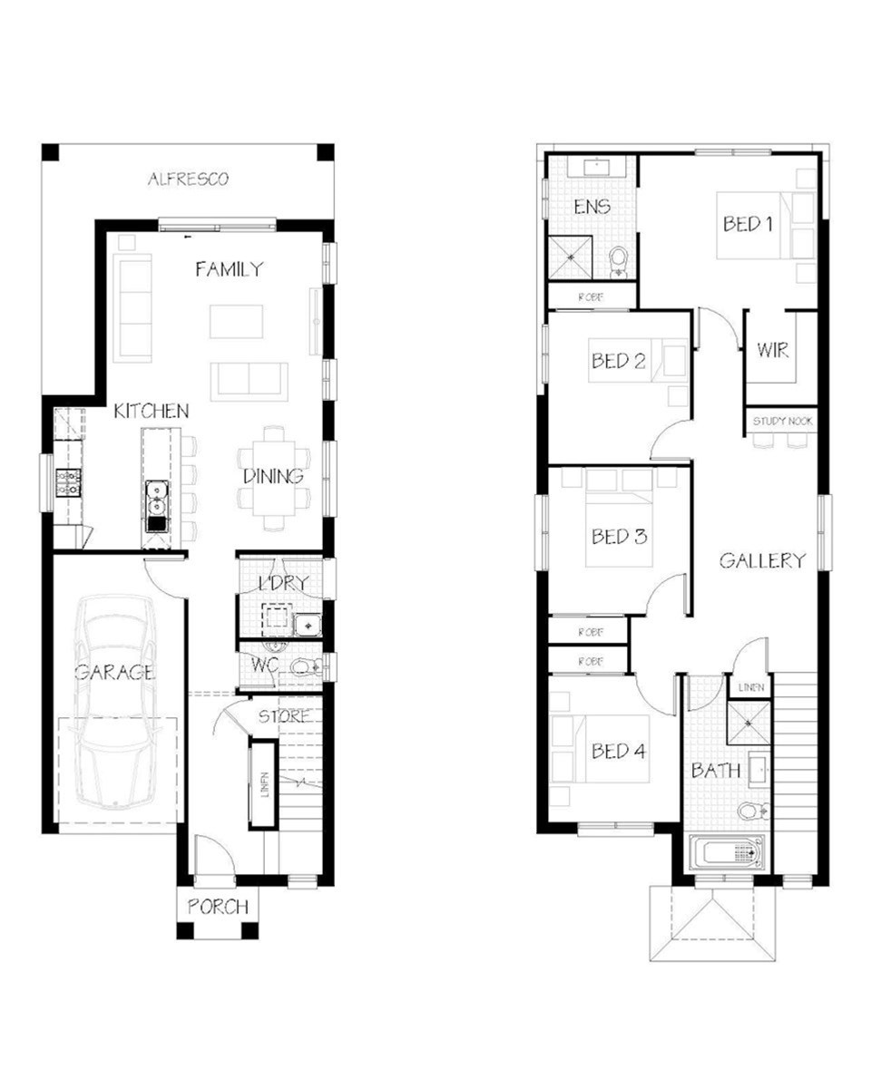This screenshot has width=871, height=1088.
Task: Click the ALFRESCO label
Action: point(188,179)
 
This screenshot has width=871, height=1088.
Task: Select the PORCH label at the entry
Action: point(218,907)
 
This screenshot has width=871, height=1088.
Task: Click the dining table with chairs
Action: point(273,477)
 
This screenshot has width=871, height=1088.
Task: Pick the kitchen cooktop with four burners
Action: point(68,483)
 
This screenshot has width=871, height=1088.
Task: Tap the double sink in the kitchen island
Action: point(157,499)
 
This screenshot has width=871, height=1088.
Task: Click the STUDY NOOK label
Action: point(782,421)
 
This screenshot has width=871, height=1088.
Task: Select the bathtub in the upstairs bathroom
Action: point(726,852)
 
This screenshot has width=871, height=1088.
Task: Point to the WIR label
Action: point(773,350)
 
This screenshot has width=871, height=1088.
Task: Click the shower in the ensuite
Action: point(571,257)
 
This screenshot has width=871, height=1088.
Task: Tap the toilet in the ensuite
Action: point(618,262)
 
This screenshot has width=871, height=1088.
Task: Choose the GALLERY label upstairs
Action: point(762,560)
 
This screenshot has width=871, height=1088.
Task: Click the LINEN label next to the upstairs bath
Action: point(750,687)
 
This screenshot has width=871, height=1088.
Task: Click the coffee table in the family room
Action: point(236,322)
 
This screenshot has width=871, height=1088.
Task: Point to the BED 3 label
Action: point(619,536)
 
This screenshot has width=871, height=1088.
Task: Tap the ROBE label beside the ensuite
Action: point(591,296)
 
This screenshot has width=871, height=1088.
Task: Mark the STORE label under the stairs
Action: point(284,716)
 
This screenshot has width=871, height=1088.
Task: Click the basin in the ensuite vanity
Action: point(597,166)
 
